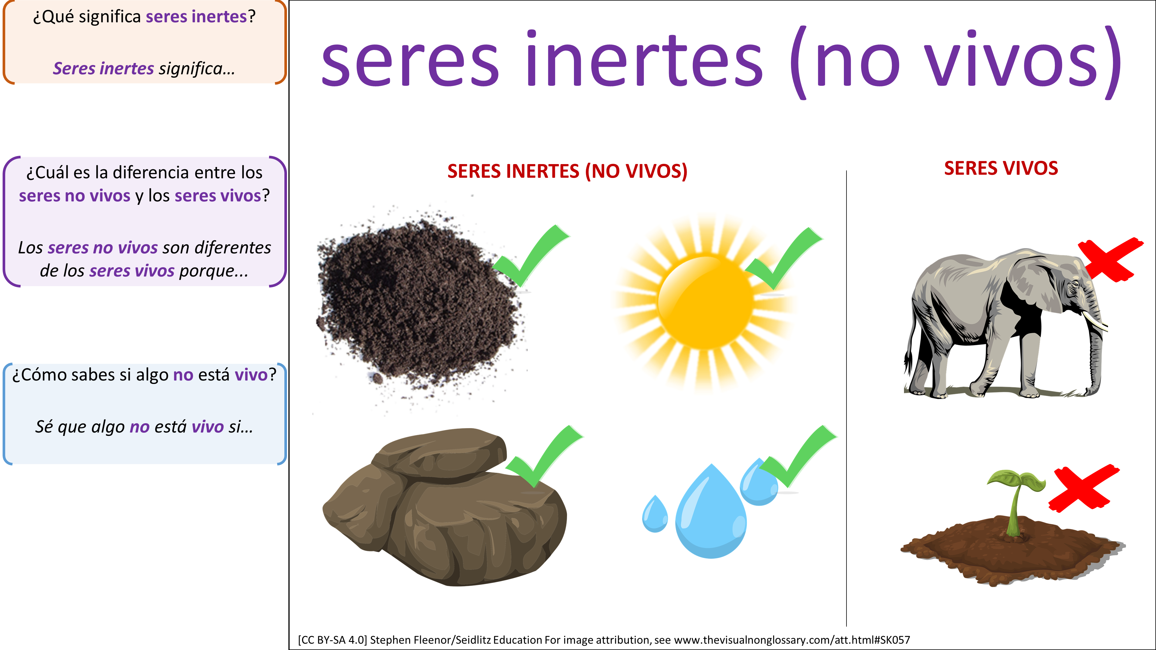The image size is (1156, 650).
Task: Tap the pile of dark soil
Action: pyautogui.click(x=420, y=305)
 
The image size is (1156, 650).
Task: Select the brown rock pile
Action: pyautogui.click(x=444, y=507)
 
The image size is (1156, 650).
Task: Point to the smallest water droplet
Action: pyautogui.click(x=655, y=514)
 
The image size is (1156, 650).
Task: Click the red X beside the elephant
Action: pyautogui.click(x=1110, y=259)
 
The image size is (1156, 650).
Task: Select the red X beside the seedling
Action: pyautogui.click(x=1083, y=488)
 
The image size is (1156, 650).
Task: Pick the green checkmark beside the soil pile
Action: pyautogui.click(x=531, y=256)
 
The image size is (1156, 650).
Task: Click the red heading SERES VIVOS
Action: pyautogui.click(x=1001, y=168)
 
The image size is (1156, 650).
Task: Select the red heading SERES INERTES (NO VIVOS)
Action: pyautogui.click(x=567, y=171)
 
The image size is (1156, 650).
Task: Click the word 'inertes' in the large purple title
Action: pyautogui.click(x=644, y=58)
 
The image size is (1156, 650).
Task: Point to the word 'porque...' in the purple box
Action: pyautogui.click(x=214, y=271)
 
